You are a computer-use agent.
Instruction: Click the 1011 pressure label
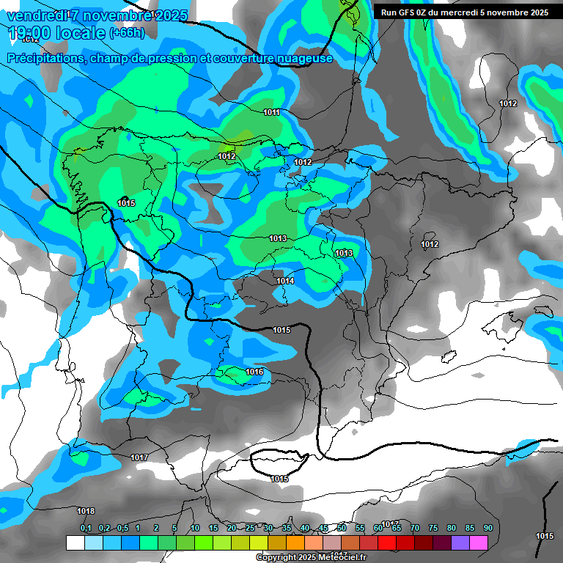pyautogui.click(x=271, y=112)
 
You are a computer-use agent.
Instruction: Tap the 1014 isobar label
pyautogui.click(x=285, y=281)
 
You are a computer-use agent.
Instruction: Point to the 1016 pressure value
pyautogui.click(x=254, y=372)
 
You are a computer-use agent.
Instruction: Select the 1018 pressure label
pyautogui.click(x=86, y=511)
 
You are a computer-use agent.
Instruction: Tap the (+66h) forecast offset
pyautogui.click(x=126, y=33)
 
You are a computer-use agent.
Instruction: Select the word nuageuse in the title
pyautogui.click(x=301, y=58)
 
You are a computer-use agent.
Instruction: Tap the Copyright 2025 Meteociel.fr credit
pyautogui.click(x=312, y=557)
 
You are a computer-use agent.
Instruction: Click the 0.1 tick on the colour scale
pyautogui.click(x=86, y=528)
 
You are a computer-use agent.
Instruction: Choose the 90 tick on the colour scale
pyautogui.click(x=487, y=528)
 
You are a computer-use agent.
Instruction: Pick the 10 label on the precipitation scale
pyautogui.click(x=194, y=528)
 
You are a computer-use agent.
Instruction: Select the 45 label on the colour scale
pyautogui.click(x=323, y=528)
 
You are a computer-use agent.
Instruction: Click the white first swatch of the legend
pyautogui.click(x=75, y=542)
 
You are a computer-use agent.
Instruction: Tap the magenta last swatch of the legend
pyautogui.click(x=479, y=542)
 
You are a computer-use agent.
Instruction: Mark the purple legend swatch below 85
pyautogui.click(x=460, y=542)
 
